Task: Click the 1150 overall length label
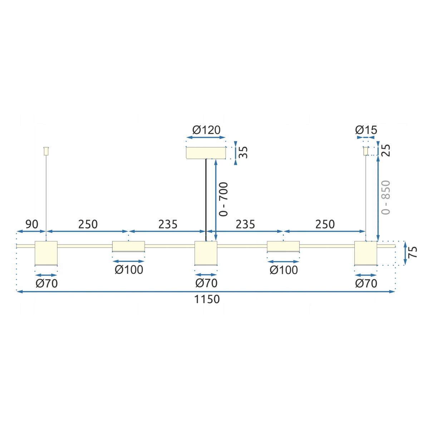(x=207, y=300)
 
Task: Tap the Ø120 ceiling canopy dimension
(x=206, y=130)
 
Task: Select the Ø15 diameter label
(x=366, y=130)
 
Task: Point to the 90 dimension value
(x=32, y=224)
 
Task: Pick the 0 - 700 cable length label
(x=223, y=199)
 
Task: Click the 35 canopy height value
(x=243, y=152)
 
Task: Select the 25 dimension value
(x=386, y=151)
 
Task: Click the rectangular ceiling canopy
(x=206, y=153)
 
